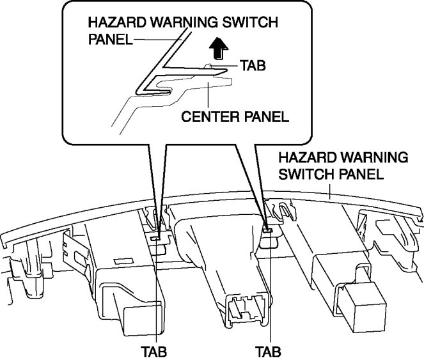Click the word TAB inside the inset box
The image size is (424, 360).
253,65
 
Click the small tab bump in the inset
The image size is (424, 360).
208,65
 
